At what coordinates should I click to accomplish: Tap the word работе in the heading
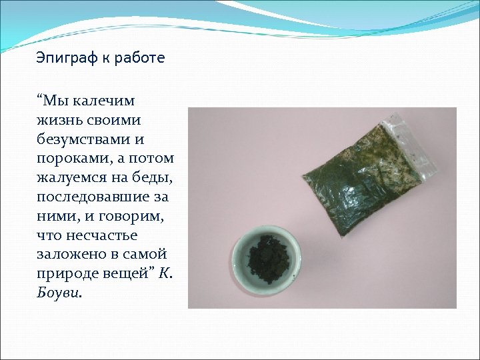(140, 59)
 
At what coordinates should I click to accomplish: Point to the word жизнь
(59, 121)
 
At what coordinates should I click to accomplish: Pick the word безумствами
(81, 140)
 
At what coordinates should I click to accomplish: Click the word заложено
(69, 255)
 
